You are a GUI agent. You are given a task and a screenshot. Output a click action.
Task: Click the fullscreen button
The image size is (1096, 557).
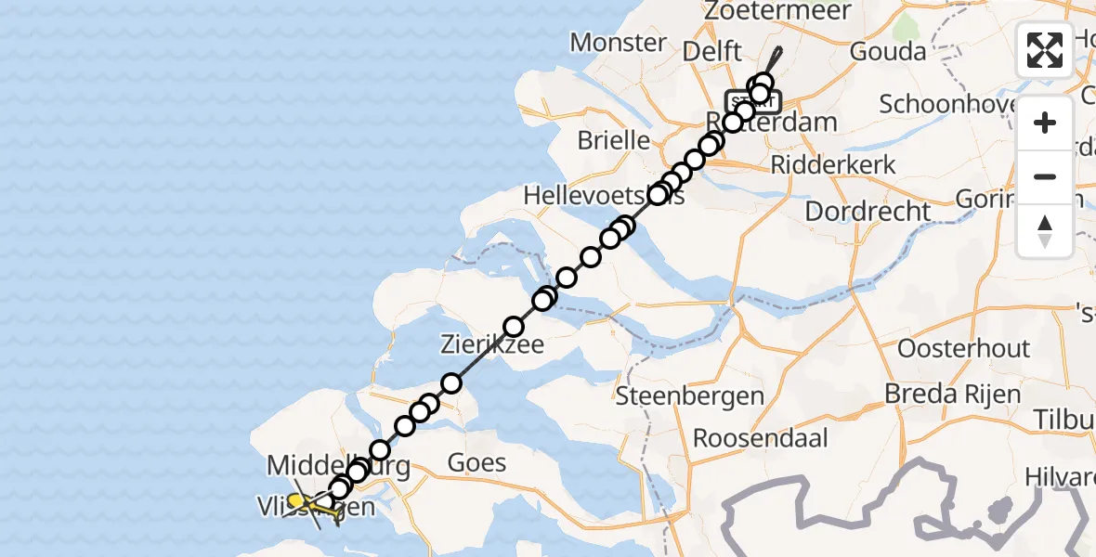1045,50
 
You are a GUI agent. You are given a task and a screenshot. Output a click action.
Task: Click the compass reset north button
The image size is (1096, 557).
1045,229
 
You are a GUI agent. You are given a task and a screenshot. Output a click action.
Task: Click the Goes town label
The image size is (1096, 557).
476,461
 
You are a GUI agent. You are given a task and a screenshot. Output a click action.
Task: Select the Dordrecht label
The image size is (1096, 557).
868,211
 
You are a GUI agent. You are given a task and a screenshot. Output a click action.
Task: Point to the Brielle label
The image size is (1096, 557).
613,140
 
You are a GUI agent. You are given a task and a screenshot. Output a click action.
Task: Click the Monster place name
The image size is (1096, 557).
618,42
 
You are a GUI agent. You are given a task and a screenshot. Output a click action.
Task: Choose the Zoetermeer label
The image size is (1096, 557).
764,11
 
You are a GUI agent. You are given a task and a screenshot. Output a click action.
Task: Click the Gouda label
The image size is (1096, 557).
889,50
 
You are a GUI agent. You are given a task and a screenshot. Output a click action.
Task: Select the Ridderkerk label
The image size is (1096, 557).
834,164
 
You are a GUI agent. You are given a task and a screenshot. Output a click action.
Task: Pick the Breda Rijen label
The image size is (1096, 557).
952,394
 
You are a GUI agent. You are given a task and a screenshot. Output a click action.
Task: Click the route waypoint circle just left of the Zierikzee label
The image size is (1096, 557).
451,382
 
